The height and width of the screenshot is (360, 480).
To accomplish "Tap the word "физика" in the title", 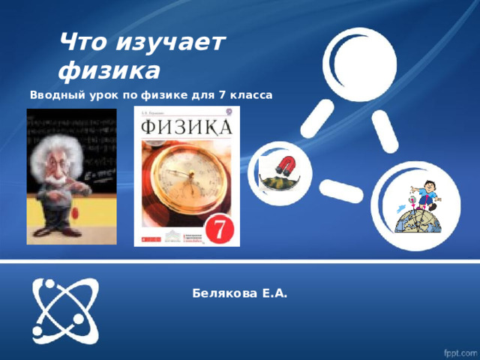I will click(109, 71).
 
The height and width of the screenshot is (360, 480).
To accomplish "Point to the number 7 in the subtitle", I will click(221, 96).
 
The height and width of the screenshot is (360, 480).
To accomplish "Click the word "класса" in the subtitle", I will click(251, 96).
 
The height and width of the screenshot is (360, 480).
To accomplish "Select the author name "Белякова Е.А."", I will click(239, 293).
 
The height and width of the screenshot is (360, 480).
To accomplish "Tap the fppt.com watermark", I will click(458, 351).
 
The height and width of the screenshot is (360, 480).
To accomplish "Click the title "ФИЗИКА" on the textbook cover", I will click(184, 124).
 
